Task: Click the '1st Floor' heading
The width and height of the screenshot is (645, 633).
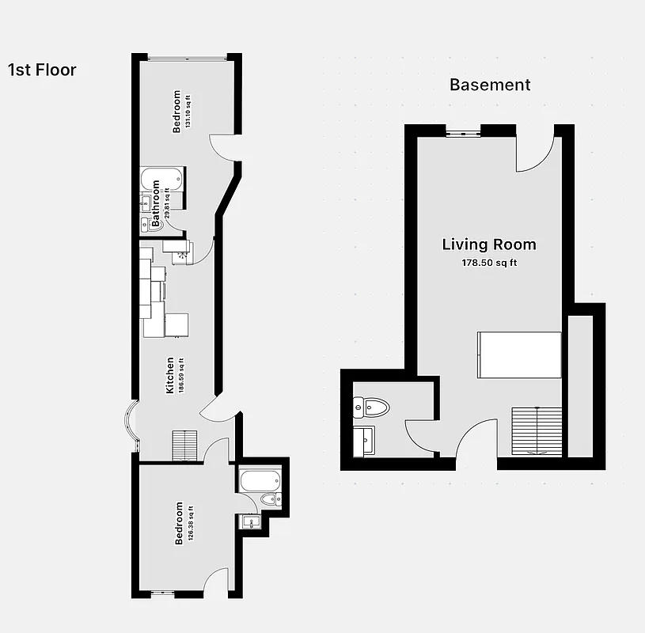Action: [42, 70]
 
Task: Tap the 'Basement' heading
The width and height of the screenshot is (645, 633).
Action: [490, 85]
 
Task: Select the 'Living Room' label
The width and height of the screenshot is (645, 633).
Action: [488, 244]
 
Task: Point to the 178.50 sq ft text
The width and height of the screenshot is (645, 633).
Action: [489, 263]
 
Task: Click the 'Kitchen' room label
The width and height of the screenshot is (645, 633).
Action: [170, 375]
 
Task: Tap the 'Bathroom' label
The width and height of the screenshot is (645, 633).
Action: [156, 204]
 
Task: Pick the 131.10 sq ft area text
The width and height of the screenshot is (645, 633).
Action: [188, 112]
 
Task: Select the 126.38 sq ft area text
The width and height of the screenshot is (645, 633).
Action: [191, 523]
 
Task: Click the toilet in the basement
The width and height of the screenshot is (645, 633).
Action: [371, 407]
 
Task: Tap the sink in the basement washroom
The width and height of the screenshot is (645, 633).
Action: [366, 440]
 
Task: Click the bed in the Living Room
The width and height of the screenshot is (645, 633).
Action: [518, 355]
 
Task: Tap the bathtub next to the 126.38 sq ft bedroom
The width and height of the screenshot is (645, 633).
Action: [258, 479]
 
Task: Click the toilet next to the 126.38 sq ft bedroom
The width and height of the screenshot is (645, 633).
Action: [269, 499]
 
